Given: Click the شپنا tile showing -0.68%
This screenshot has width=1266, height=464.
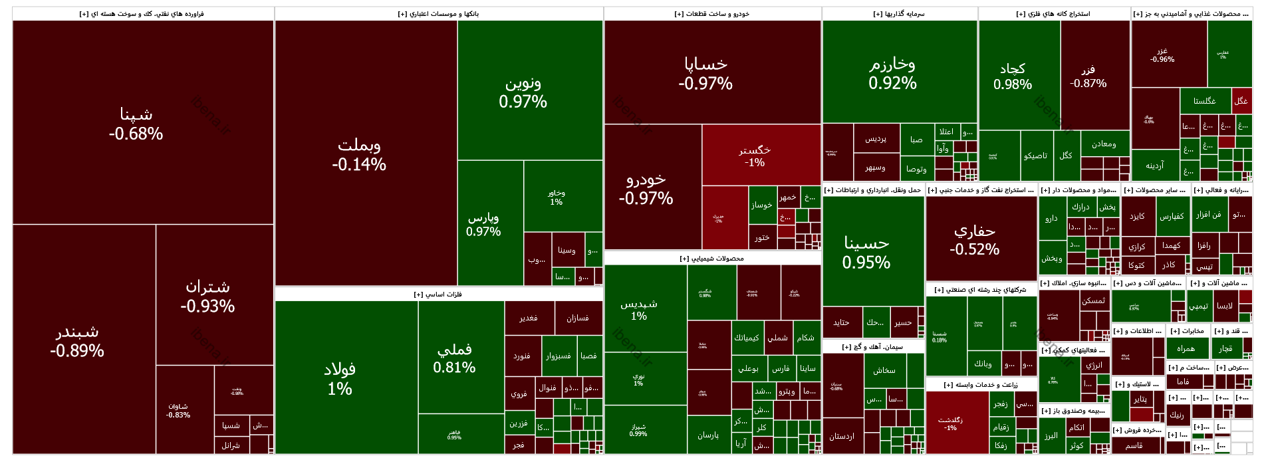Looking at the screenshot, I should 136,124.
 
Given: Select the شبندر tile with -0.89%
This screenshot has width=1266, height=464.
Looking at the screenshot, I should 77,340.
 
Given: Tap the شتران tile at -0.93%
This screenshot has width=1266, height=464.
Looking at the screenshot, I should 207,296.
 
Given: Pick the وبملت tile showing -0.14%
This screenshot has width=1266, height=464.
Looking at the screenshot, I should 359,154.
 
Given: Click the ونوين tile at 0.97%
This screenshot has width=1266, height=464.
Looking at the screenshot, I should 523,92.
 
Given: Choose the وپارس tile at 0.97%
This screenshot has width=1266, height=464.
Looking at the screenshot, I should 483,224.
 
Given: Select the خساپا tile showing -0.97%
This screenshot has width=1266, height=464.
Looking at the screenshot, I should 705,73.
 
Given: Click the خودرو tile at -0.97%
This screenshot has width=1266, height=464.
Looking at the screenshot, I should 646,188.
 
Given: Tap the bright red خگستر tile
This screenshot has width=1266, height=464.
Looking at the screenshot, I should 755,156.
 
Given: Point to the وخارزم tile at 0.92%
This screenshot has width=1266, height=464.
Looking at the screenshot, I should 892,73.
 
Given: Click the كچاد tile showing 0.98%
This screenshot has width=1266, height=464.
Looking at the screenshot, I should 1013,76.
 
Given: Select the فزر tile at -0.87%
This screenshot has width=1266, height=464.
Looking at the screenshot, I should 1088,76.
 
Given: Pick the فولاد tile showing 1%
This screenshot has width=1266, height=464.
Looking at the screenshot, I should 340,378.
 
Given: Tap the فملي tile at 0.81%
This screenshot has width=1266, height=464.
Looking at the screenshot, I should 454,358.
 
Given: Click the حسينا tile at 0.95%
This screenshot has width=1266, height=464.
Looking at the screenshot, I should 866,253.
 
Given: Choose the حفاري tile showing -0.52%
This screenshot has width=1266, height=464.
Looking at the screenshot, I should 975,239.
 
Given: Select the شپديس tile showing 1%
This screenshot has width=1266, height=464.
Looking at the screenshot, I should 639,309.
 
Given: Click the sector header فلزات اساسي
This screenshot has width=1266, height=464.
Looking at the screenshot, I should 438,294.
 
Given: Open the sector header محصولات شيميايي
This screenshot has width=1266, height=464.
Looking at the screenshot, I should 712,259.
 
